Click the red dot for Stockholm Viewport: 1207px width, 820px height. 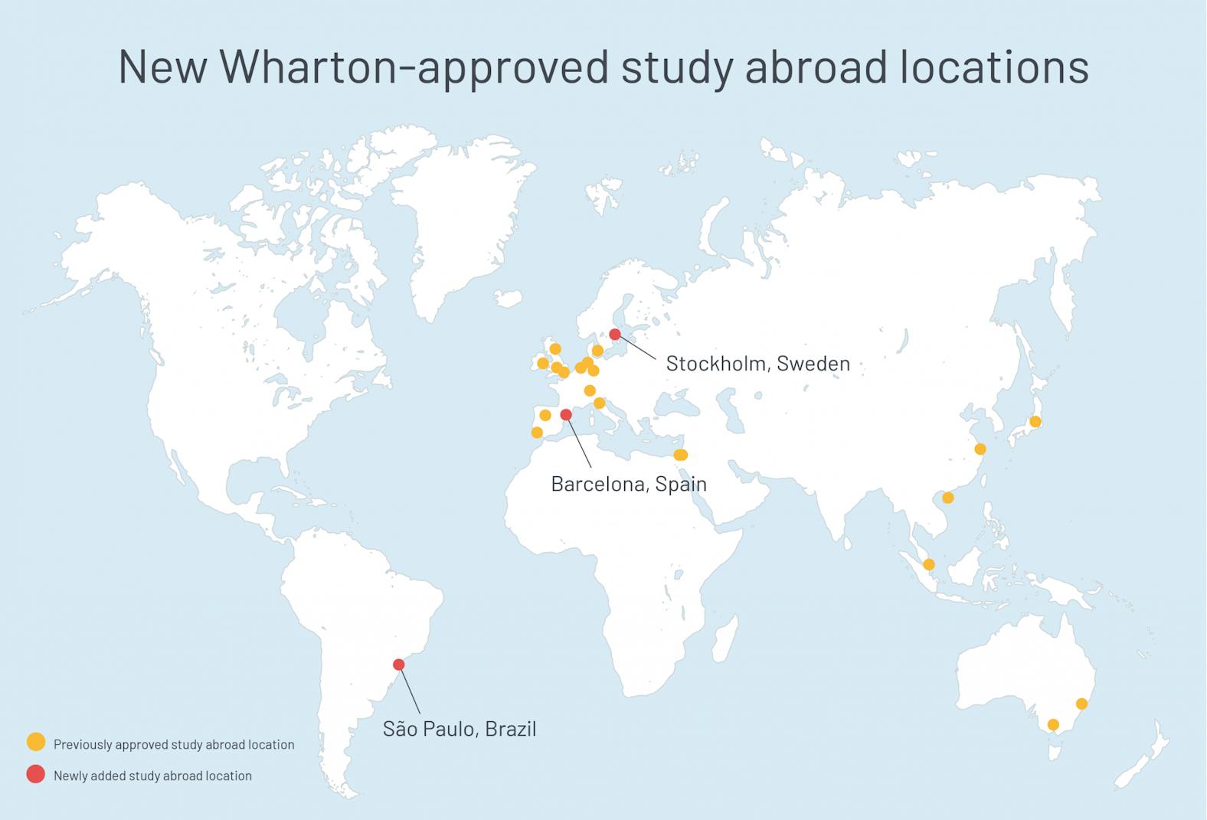click(615, 334)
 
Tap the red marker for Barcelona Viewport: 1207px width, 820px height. click(566, 414)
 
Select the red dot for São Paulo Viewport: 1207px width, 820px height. click(398, 664)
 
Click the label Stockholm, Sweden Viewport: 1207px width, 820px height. click(757, 363)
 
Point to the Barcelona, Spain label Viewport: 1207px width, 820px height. click(628, 484)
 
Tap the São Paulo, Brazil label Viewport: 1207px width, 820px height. click(460, 728)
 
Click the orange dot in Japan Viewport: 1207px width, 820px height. click(1035, 421)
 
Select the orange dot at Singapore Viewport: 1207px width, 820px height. click(929, 564)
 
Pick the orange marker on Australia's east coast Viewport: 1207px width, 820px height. click(1082, 704)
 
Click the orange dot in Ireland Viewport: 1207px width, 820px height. click(543, 363)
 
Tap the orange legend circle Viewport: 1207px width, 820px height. click(36, 742)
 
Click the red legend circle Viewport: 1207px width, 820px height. click(36, 774)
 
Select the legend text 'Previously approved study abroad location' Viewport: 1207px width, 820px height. click(174, 744)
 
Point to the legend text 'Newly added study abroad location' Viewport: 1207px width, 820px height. click(152, 776)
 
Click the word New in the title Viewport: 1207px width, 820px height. click(162, 66)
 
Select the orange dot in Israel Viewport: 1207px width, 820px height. click(680, 455)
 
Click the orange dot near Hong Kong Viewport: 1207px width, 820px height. click(948, 498)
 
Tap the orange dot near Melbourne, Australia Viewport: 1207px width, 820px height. click(1053, 724)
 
